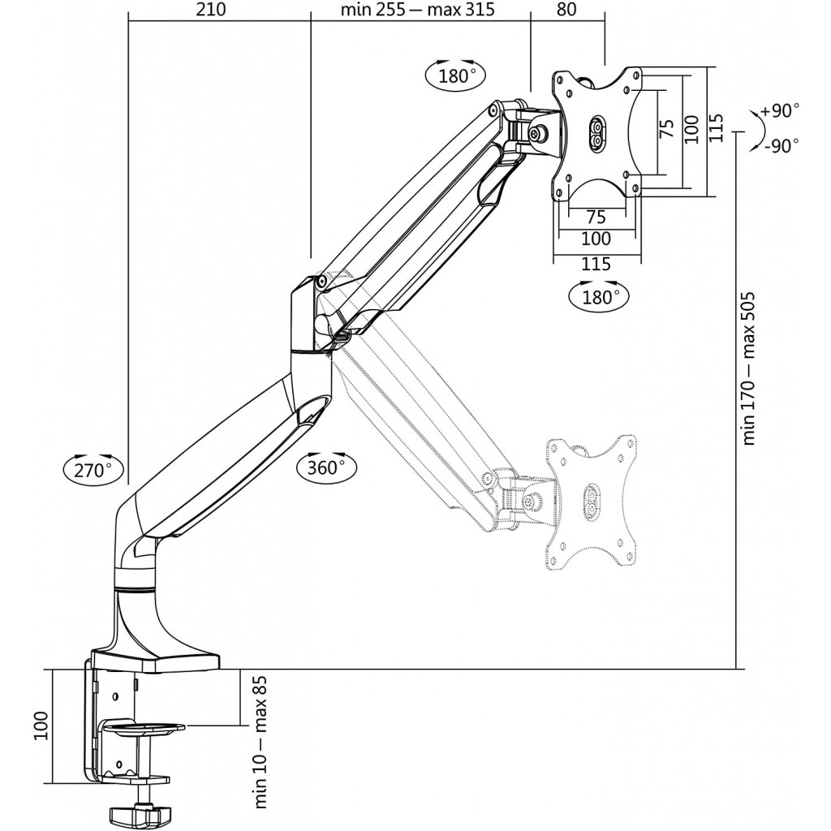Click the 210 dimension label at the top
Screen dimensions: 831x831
click(210, 10)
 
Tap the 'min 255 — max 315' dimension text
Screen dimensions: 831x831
click(418, 10)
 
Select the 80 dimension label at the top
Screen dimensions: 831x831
click(566, 10)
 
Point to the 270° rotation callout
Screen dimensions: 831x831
click(93, 468)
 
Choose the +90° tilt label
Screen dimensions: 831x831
click(779, 110)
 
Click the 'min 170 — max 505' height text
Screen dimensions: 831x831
click(748, 368)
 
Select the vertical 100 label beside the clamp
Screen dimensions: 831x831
click(41, 726)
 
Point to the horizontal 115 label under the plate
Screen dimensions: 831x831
click(596, 264)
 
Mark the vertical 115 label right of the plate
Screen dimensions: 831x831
click(716, 127)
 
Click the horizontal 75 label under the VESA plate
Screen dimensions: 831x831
click(596, 216)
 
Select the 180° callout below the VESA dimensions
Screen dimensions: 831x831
click(598, 296)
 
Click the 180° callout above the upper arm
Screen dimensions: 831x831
click(455, 75)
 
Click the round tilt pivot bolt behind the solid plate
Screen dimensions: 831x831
click(540, 133)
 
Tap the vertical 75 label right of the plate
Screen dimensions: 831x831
click(667, 129)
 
